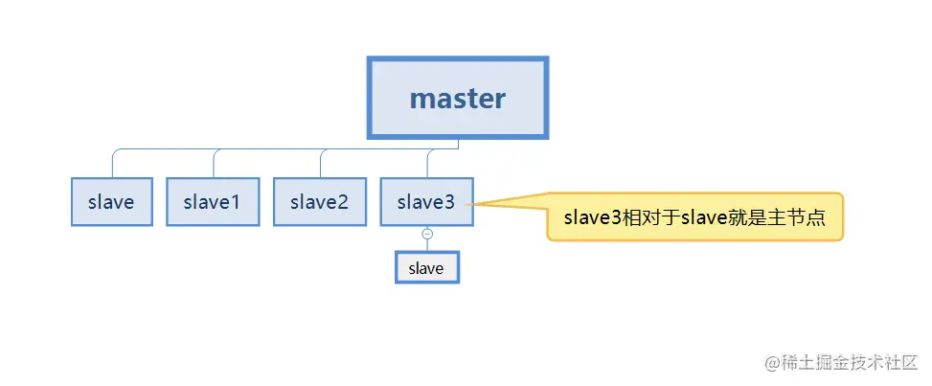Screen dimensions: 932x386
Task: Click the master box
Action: pos(458,98)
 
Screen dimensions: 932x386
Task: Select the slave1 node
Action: pos(213,202)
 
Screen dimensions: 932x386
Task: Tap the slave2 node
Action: pos(320,202)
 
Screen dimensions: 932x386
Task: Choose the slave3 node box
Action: pos(427,202)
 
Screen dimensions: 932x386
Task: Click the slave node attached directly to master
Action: pos(112,202)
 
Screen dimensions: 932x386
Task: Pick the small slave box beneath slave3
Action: pos(427,267)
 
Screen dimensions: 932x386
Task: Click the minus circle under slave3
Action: pos(427,234)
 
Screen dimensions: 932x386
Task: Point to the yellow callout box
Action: pos(694,217)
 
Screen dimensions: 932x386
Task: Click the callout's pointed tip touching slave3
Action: pos(466,205)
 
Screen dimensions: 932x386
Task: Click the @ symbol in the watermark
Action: pos(772,363)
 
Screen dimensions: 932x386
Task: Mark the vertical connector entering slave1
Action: pos(214,164)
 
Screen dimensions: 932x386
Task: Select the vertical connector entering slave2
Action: pos(320,164)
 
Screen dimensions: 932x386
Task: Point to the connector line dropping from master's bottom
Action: pos(458,144)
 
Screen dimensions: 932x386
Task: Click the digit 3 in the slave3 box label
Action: pos(449,202)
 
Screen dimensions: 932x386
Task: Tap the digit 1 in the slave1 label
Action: pos(235,202)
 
